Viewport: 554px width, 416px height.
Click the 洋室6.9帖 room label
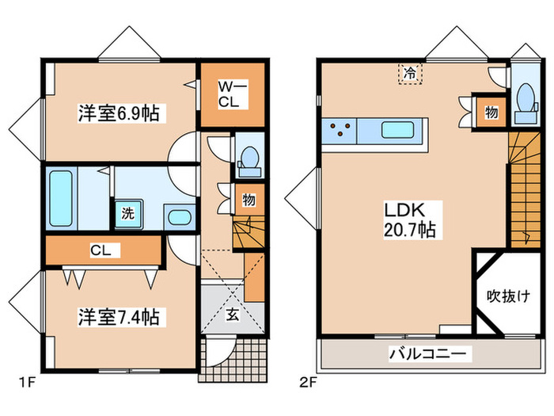(118, 113)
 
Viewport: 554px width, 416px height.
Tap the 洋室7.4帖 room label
(118, 317)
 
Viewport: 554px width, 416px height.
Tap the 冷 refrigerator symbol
(410, 73)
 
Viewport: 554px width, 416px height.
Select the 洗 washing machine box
(127, 212)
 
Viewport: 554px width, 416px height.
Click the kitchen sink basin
(394, 131)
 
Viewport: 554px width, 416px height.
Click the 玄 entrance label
(233, 314)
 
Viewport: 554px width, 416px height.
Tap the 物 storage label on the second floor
(491, 112)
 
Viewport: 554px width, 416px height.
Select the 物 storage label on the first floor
(249, 200)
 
